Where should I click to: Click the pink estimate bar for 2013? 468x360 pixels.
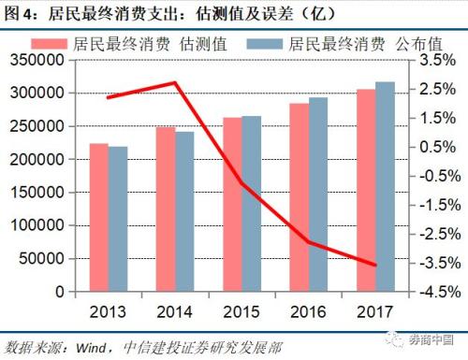tap(99, 217)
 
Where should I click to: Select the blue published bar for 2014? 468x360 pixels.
tap(184, 211)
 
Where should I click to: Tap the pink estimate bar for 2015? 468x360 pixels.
tap(232, 204)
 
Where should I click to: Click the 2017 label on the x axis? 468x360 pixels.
tap(375, 310)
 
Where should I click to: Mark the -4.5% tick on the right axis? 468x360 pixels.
tap(430, 292)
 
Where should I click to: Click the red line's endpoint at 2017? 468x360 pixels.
tap(375, 265)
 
